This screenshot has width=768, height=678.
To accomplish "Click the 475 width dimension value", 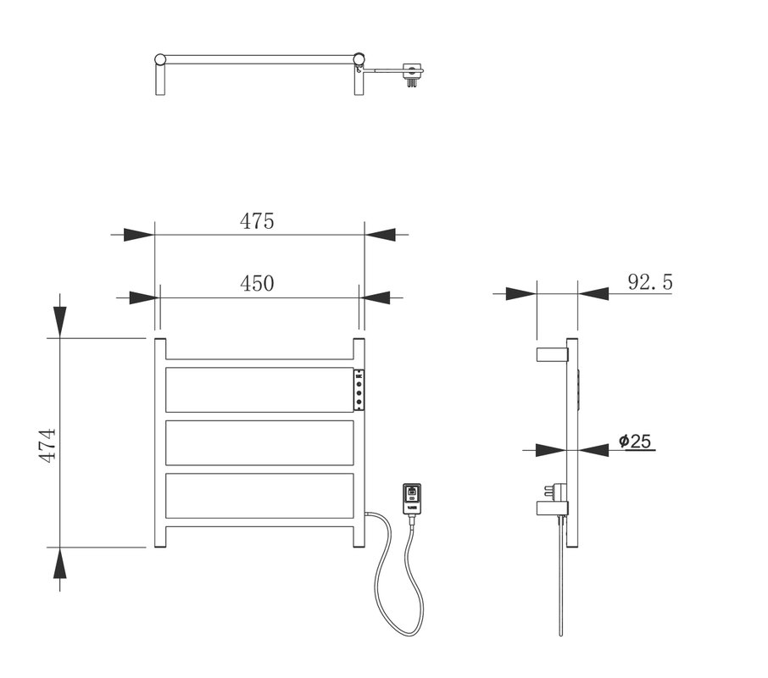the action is pos(257,221).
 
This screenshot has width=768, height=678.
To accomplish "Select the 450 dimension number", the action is pos(257,283).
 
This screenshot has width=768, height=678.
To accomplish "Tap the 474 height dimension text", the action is pos(47,446).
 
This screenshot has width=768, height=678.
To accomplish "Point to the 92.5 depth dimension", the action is pos(650,282).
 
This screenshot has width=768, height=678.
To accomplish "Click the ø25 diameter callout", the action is pos(635,441).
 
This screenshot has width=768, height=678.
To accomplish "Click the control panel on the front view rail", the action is pos(359,390).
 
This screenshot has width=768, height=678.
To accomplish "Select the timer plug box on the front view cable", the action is pos(411,499).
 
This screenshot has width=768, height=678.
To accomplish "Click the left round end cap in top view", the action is pos(160,59).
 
